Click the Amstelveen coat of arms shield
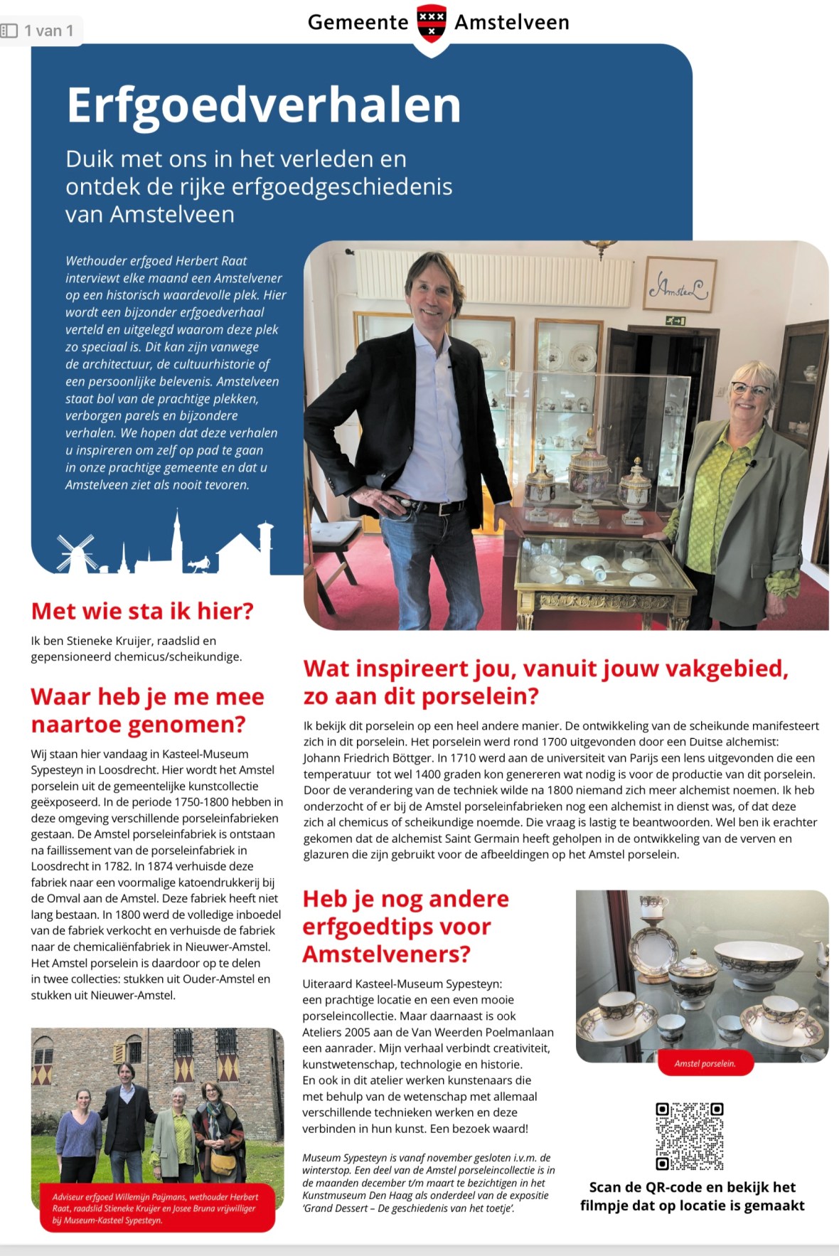[432, 22]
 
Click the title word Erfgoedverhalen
[264, 105]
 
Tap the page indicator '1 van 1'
[48, 31]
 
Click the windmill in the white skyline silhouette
[76, 553]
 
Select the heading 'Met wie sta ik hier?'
[142, 611]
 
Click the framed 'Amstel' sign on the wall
[679, 285]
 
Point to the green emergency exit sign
[675, 321]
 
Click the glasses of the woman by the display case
[750, 389]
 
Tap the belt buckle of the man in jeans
[406, 503]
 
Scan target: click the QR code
[689, 1136]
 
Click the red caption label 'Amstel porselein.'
[705, 1063]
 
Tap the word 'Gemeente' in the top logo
[358, 23]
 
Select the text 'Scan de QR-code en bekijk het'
[692, 1187]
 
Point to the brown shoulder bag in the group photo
[223, 1164]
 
